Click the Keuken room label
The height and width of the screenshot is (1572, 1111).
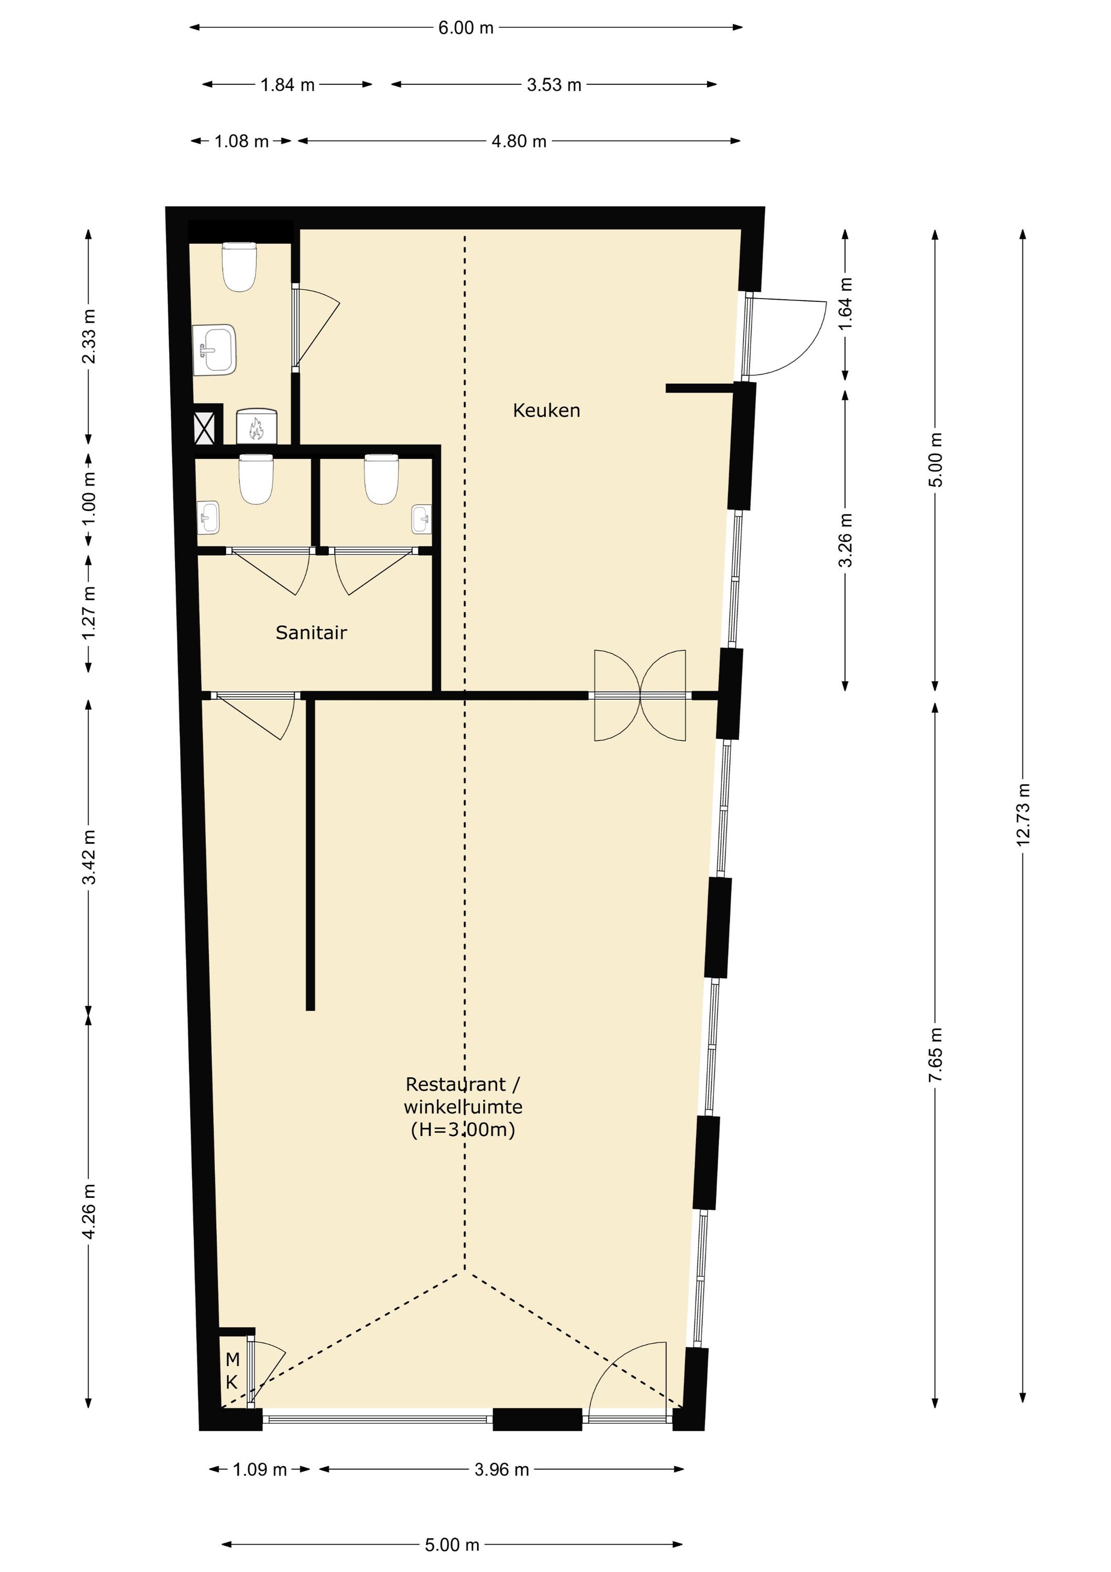tap(546, 410)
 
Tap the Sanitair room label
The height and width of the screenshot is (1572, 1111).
tap(312, 632)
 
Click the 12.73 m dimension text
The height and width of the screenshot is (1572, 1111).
tap(1024, 814)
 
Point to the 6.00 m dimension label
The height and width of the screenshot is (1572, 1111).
tap(466, 28)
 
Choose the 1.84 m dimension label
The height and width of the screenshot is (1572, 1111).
tap(288, 85)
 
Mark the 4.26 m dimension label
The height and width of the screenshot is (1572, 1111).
tap(89, 1211)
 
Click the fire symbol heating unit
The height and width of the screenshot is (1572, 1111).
tap(256, 427)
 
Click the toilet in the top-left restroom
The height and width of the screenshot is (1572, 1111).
tap(239, 266)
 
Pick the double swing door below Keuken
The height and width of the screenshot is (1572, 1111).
tap(640, 696)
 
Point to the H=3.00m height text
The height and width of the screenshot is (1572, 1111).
tap(463, 1129)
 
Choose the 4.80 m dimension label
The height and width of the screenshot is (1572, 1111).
tap(519, 141)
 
